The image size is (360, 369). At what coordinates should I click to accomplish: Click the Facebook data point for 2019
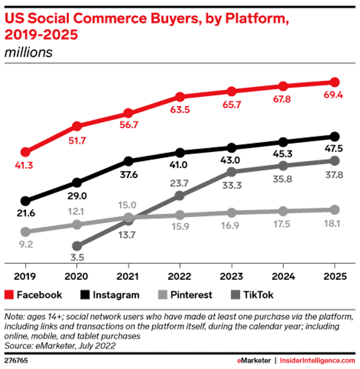tap(25, 152)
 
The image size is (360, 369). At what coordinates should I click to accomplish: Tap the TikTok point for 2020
tap(77, 246)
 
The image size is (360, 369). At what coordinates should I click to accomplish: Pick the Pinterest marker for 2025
tap(335, 210)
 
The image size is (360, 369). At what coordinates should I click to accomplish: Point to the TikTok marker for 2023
tap(232, 171)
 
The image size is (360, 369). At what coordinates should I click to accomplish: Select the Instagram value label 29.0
tap(77, 197)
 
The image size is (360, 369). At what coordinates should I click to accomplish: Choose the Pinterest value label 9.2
tap(25, 245)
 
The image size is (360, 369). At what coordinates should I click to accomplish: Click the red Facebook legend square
tap(8, 295)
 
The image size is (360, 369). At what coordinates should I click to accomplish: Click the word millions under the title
tap(29, 53)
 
